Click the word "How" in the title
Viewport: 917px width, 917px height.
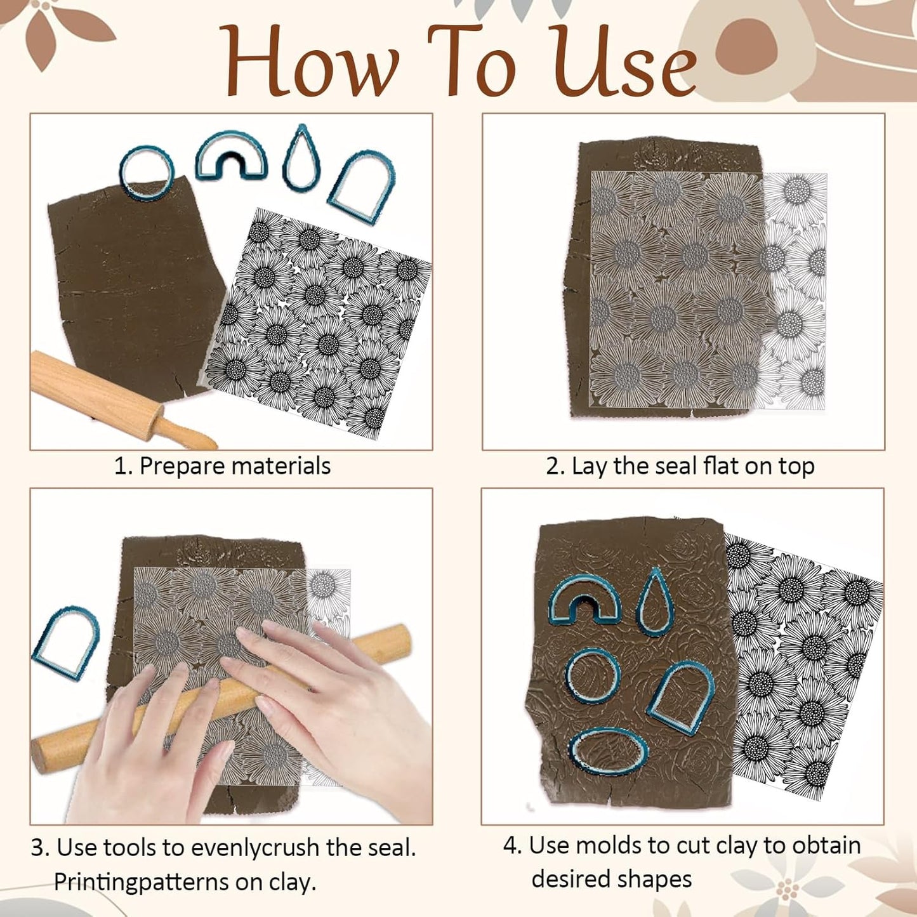[311, 62]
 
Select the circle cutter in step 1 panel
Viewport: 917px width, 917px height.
[146, 171]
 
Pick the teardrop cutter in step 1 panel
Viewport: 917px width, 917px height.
[301, 159]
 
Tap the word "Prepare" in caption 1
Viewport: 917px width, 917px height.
[182, 466]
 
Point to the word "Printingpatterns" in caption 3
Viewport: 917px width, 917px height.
[142, 882]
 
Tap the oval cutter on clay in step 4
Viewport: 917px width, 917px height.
[608, 753]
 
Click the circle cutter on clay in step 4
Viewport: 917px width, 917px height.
[592, 676]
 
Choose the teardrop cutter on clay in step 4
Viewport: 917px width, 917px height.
[655, 602]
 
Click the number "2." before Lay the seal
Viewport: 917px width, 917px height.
[555, 466]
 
